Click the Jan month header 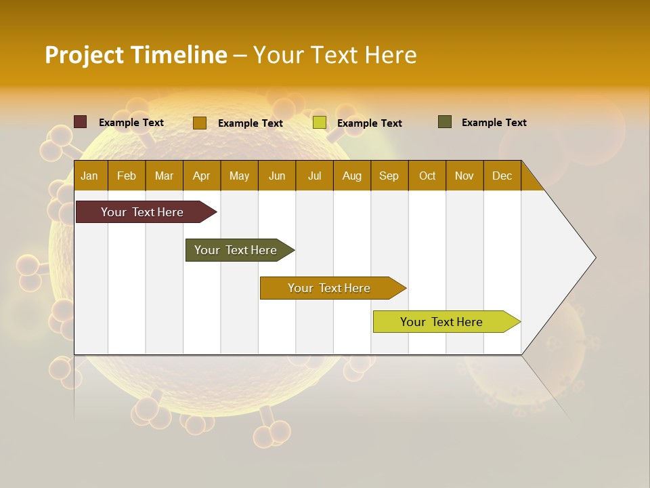90,176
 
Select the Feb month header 127,176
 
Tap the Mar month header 164,176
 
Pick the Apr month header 202,176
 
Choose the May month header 239,176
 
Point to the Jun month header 277,176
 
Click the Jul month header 314,176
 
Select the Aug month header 352,176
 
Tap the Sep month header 389,176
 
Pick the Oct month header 427,176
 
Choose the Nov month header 464,176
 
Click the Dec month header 502,176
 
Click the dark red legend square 81,122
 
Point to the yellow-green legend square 320,123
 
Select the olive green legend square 445,122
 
